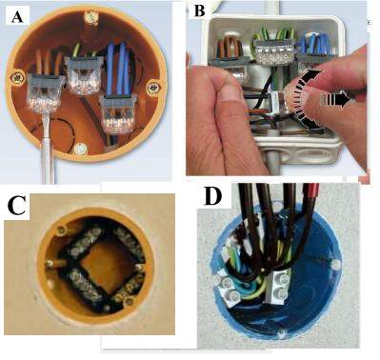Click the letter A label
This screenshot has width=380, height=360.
[x=17, y=16]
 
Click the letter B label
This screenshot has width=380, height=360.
[x=199, y=10]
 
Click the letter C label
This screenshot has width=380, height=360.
[x=17, y=205]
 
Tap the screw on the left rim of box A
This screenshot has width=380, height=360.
[x=15, y=78]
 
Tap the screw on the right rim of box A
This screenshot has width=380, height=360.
[x=152, y=87]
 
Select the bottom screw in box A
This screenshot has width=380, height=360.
[x=80, y=148]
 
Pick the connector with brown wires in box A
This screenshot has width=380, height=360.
[x=45, y=92]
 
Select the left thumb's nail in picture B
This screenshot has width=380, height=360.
[x=230, y=92]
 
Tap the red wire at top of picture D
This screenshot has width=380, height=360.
[x=310, y=193]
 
